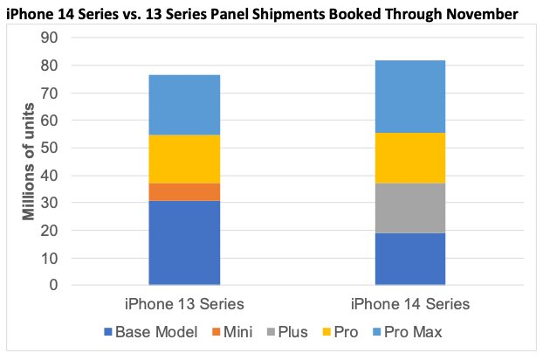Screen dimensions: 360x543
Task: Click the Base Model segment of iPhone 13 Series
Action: point(184,243)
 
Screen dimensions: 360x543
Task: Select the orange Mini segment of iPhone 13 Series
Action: point(184,191)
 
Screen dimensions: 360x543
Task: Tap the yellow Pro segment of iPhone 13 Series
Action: point(184,159)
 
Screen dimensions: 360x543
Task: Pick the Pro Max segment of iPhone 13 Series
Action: point(184,105)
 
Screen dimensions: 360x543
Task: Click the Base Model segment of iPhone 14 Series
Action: point(410,259)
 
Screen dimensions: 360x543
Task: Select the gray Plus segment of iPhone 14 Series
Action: point(410,208)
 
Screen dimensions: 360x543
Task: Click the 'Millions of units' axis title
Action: point(30,161)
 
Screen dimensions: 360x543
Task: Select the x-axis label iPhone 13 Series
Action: point(184,304)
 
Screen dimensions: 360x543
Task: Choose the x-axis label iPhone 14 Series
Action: point(410,304)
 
